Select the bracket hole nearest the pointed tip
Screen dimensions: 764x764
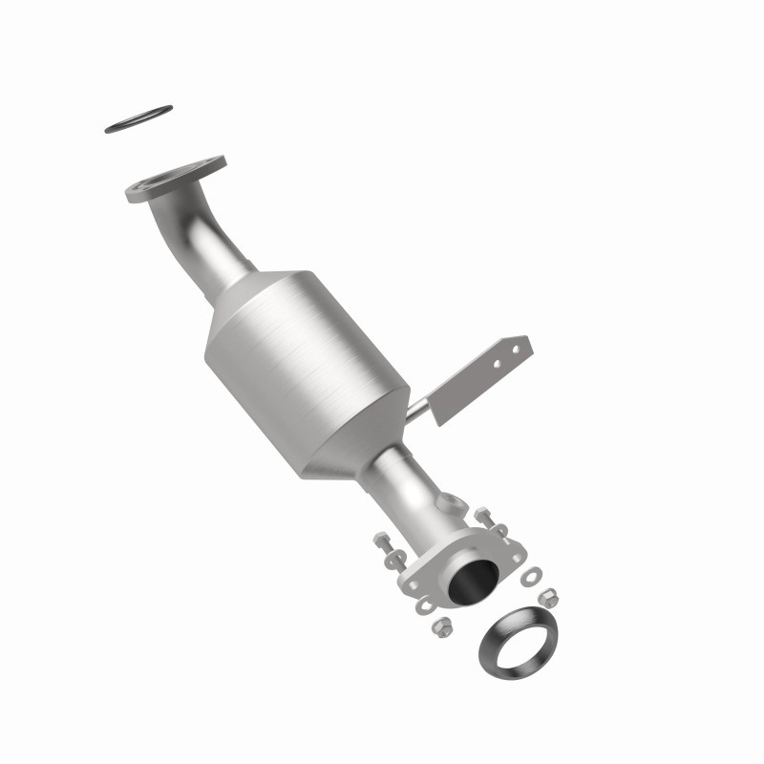518,350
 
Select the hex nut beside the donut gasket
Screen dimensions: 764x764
549,598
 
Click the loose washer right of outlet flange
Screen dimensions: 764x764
533,575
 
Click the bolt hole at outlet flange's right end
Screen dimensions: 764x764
517,559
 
